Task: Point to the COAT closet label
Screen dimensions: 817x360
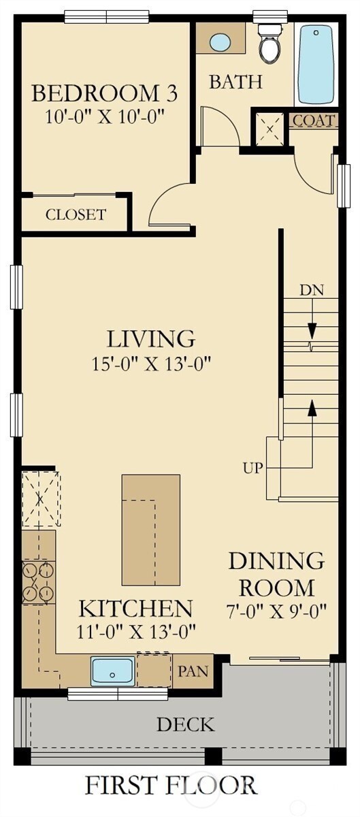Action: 313,121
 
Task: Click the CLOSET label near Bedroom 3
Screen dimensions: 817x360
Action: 76,215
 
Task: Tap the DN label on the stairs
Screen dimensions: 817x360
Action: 312,289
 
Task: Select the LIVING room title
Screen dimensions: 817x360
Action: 151,338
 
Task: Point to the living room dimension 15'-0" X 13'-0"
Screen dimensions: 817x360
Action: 151,364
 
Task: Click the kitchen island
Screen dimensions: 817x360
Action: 150,530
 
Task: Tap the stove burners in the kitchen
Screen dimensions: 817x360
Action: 38,581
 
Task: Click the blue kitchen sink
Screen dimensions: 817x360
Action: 112,671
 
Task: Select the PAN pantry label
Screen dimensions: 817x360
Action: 193,671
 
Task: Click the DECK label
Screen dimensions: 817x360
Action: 185,724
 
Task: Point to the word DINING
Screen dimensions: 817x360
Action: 276,562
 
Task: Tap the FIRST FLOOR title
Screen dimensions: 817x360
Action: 170,785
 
